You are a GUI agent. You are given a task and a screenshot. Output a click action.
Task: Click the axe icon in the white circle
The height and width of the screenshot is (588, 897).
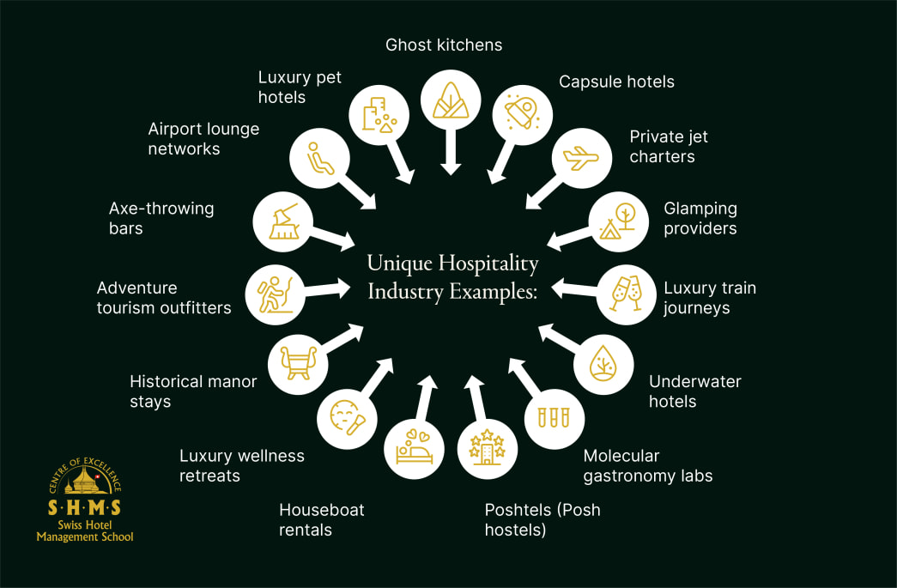click(x=283, y=221)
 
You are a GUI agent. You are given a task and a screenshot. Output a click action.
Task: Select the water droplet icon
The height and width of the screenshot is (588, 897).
click(x=603, y=364)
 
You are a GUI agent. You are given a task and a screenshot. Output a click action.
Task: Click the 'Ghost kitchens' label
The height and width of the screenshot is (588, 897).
click(x=444, y=45)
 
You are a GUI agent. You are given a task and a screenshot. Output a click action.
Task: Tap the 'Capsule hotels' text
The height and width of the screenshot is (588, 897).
click(x=616, y=82)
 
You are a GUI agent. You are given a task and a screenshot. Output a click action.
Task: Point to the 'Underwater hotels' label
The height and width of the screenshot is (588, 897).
click(x=694, y=391)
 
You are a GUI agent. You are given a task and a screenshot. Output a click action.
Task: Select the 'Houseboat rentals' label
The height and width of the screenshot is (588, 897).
click(x=321, y=519)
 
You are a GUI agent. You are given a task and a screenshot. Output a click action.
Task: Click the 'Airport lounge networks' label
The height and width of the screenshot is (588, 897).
click(x=203, y=138)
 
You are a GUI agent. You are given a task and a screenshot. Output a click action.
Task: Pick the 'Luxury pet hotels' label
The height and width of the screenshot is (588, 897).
click(x=300, y=87)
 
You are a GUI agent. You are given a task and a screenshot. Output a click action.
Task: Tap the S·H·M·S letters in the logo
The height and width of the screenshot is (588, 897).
click(x=84, y=507)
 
